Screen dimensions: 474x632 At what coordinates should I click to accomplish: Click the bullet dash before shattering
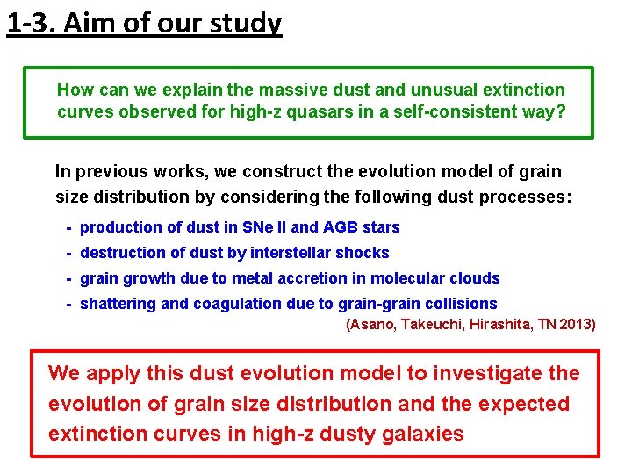pyautogui.click(x=68, y=304)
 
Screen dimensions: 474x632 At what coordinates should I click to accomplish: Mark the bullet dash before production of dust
pyautogui.click(x=68, y=227)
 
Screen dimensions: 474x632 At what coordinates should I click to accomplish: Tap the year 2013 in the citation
pyautogui.click(x=576, y=325)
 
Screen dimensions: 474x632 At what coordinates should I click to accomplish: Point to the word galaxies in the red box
pyautogui.click(x=421, y=434)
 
